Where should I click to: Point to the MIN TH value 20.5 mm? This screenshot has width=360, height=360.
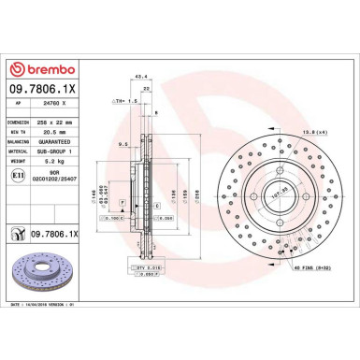(x=78, y=134)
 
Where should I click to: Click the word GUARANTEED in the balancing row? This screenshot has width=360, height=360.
(x=78, y=146)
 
